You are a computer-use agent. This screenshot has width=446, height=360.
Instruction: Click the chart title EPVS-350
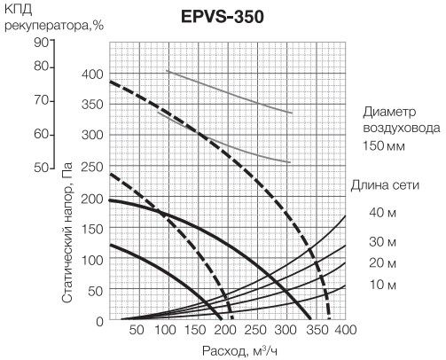[222, 17]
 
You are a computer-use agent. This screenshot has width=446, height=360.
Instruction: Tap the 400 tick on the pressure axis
[92, 74]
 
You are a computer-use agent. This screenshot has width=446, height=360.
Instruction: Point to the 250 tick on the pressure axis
[92, 168]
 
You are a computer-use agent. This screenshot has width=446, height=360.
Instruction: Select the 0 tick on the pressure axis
[100, 321]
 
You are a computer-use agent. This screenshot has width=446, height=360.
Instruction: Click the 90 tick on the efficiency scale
[42, 43]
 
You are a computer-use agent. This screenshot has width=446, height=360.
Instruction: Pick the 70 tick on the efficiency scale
[42, 100]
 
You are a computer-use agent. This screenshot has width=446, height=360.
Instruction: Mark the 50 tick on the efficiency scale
[42, 168]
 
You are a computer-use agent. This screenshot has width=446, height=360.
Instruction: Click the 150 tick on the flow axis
[196, 330]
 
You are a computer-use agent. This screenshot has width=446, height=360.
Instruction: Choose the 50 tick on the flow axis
[137, 330]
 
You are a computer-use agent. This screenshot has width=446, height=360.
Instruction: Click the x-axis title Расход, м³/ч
[240, 351]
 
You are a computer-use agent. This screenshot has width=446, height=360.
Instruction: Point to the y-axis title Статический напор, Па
[67, 232]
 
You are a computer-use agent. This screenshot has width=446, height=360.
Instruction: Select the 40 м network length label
[382, 212]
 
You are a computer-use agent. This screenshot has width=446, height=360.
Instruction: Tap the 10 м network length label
[382, 285]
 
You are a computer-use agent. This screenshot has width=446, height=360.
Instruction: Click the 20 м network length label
[382, 262]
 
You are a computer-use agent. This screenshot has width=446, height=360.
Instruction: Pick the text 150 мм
[384, 145]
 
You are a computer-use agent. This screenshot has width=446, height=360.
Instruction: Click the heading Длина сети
[385, 185]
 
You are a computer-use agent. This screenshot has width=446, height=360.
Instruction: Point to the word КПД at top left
[19, 10]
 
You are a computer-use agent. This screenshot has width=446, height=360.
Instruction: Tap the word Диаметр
[389, 113]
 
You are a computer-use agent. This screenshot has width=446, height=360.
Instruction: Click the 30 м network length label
[382, 242]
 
